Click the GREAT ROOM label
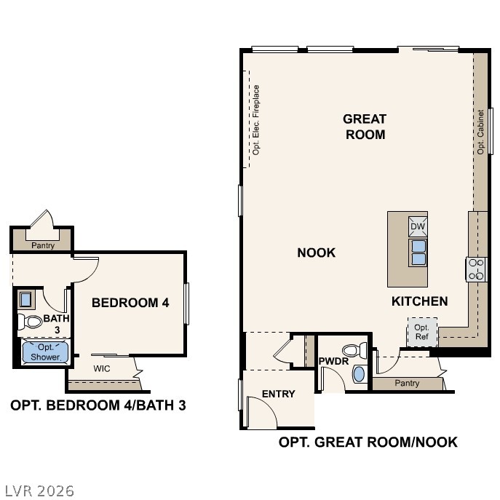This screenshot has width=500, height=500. (x=365, y=126)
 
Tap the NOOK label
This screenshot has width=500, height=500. (x=317, y=253)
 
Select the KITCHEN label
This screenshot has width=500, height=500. (x=419, y=301)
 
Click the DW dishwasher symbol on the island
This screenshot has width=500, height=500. (x=418, y=227)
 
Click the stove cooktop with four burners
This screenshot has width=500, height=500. (x=477, y=269)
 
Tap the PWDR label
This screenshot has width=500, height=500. (x=333, y=361)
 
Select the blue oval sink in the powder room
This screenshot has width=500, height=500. (x=359, y=374)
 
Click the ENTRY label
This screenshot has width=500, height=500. (x=279, y=394)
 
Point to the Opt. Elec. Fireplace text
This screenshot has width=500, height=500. (x=256, y=119)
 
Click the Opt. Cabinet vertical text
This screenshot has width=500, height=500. (x=480, y=132)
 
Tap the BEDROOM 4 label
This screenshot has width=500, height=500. (x=130, y=302)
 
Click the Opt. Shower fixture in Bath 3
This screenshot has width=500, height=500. (x=45, y=353)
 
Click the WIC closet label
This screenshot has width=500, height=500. (x=102, y=368)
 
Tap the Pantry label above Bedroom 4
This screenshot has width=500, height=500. (x=43, y=245)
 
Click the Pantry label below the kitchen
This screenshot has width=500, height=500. (x=407, y=383)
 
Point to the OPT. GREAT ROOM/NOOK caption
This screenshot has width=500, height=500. (x=368, y=442)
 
